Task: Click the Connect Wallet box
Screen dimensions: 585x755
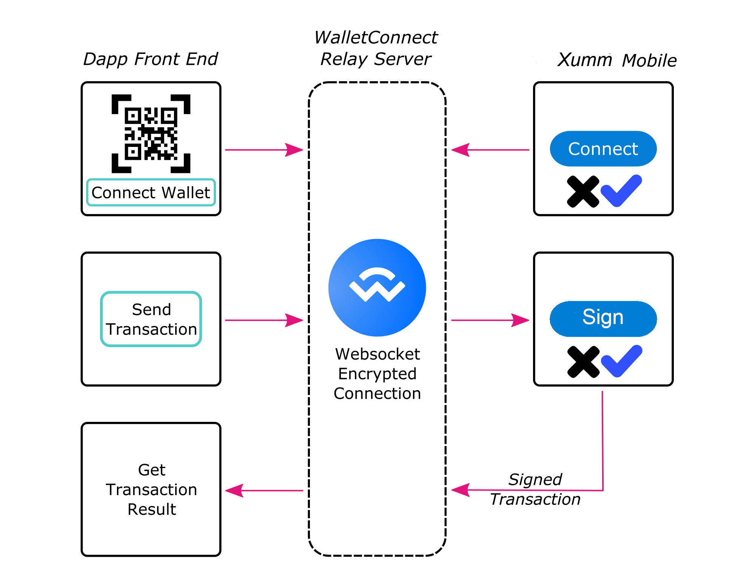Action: tap(151, 192)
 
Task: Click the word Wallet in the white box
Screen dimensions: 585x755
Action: tap(186, 193)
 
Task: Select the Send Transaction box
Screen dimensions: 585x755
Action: tap(151, 319)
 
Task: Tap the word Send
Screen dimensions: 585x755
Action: tap(151, 310)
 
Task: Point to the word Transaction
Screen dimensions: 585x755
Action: tap(151, 329)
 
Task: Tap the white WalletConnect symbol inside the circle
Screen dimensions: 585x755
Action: tap(377, 285)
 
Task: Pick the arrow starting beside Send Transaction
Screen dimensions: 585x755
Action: tap(264, 320)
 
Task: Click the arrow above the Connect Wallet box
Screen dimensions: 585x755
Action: tap(264, 150)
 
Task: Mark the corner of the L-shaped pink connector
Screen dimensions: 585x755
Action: tap(603, 490)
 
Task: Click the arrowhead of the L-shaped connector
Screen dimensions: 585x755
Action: tap(460, 490)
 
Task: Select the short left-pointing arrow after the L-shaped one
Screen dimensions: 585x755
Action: tap(264, 491)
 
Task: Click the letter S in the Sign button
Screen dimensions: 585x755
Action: tap(589, 317)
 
